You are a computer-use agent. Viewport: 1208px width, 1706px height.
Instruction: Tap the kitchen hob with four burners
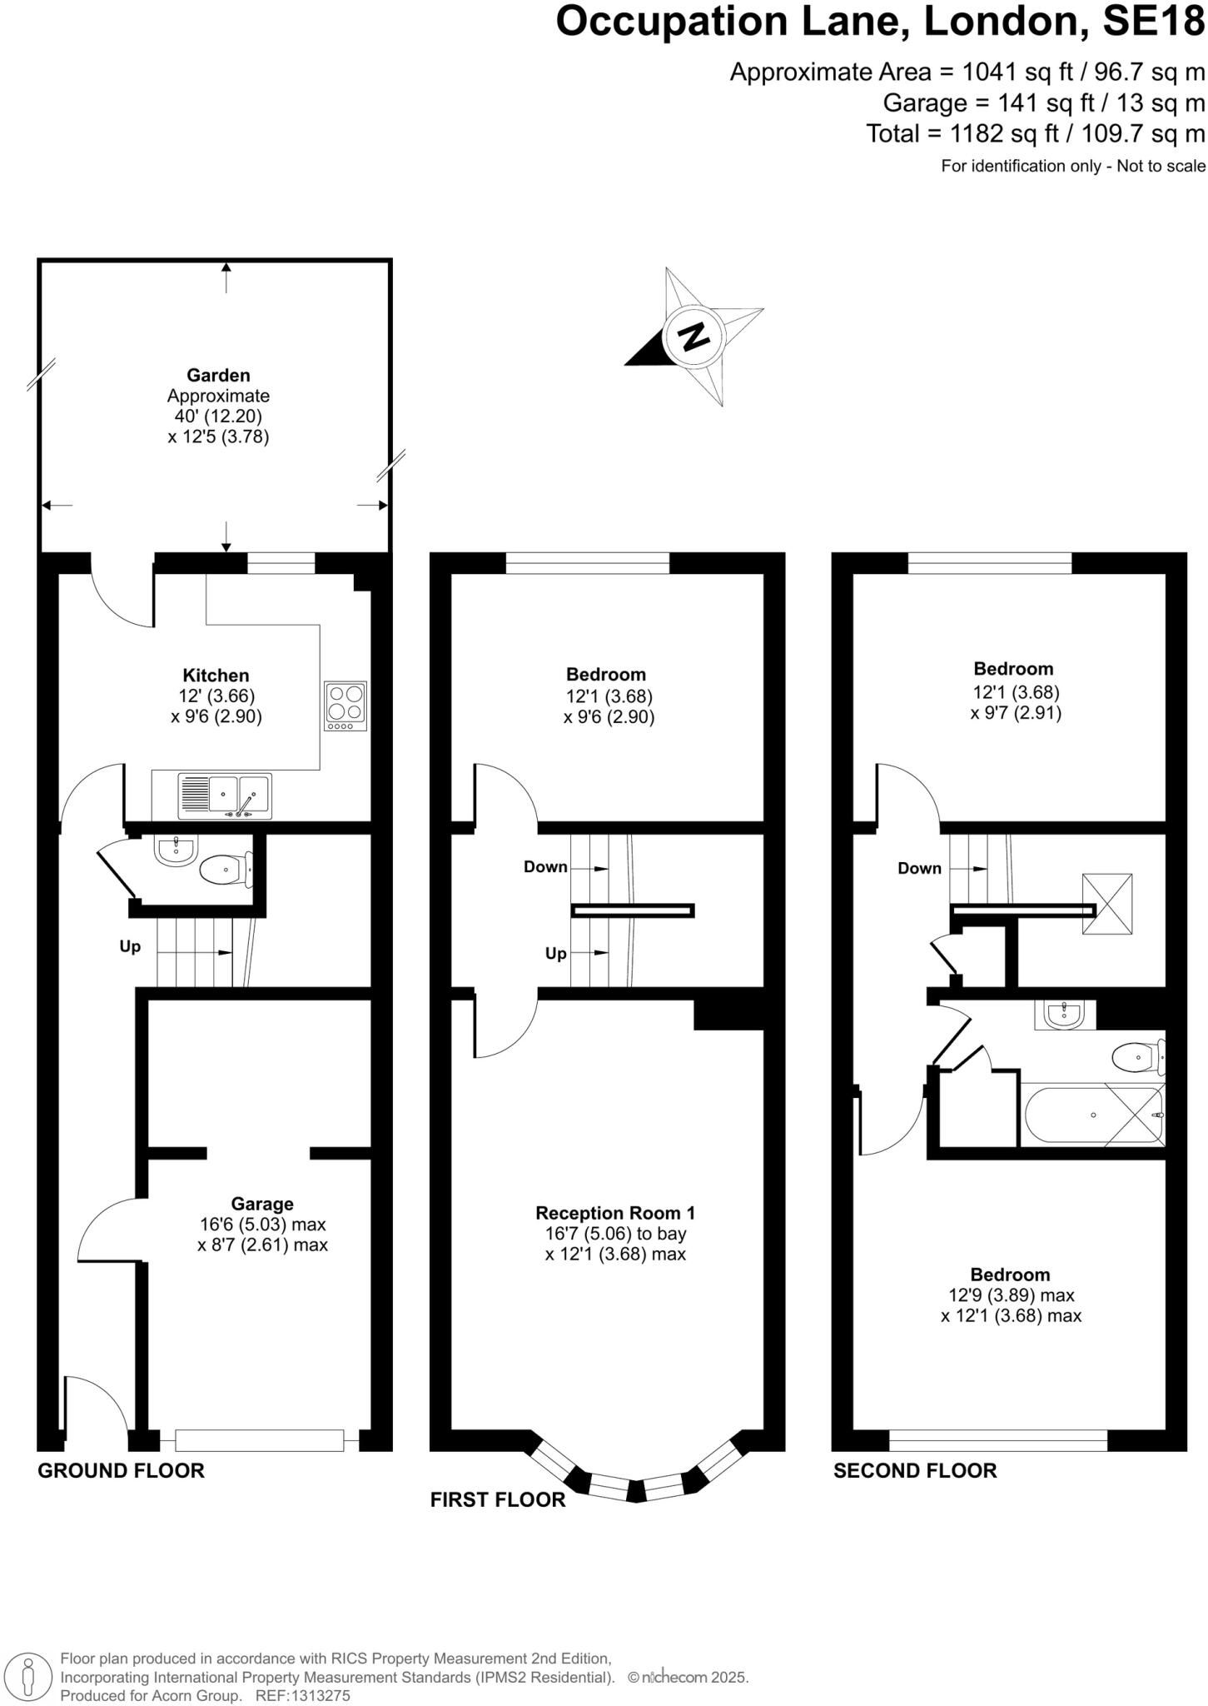click(x=345, y=706)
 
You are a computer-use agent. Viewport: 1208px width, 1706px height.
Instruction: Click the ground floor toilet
click(x=225, y=870)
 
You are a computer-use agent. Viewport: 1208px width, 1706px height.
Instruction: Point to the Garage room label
click(x=262, y=1204)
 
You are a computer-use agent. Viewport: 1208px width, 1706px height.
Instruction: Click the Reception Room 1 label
click(x=614, y=1213)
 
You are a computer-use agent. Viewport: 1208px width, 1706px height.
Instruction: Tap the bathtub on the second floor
click(x=1092, y=1115)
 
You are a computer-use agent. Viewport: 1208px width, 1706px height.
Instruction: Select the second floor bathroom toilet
click(x=1138, y=1057)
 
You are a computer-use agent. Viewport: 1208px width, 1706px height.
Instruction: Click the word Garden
click(x=218, y=376)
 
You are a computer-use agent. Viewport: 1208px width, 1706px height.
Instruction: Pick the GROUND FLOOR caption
click(x=122, y=1470)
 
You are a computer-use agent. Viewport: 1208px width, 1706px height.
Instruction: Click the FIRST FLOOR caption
click(x=498, y=1499)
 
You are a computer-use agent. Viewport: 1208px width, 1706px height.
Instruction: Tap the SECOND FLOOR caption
click(x=915, y=1470)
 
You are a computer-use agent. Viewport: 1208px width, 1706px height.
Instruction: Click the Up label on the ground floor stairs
click(x=130, y=947)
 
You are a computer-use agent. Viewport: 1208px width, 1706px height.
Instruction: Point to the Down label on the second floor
click(x=919, y=868)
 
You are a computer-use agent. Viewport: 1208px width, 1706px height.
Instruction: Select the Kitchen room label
click(x=216, y=676)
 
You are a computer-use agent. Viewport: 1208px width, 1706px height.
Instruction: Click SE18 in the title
click(x=1154, y=22)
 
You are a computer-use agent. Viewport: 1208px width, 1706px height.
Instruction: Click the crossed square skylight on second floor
click(x=1106, y=904)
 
